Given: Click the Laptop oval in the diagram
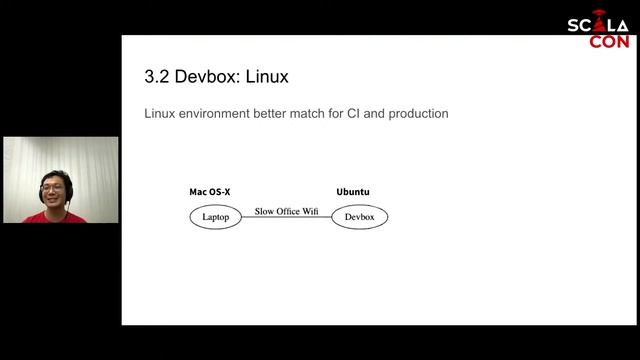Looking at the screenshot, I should (216, 216).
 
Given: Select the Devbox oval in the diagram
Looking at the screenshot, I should (359, 216).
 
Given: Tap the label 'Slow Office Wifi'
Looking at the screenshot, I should (286, 211).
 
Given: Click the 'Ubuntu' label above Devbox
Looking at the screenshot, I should (353, 192).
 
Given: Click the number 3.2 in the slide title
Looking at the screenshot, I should (158, 77).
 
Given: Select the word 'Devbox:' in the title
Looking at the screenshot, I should (211, 77).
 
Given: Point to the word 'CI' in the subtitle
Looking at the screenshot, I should (354, 114).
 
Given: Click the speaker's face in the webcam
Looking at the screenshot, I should (55, 188).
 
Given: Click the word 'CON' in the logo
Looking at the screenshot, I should (609, 42).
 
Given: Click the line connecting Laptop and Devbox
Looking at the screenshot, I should (286, 217).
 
